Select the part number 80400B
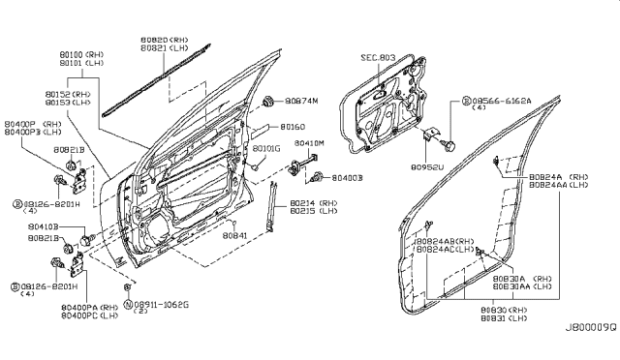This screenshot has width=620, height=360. click(x=348, y=178)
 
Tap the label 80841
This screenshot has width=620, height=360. click(x=236, y=233)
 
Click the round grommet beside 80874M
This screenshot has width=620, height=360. click(x=270, y=102)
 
